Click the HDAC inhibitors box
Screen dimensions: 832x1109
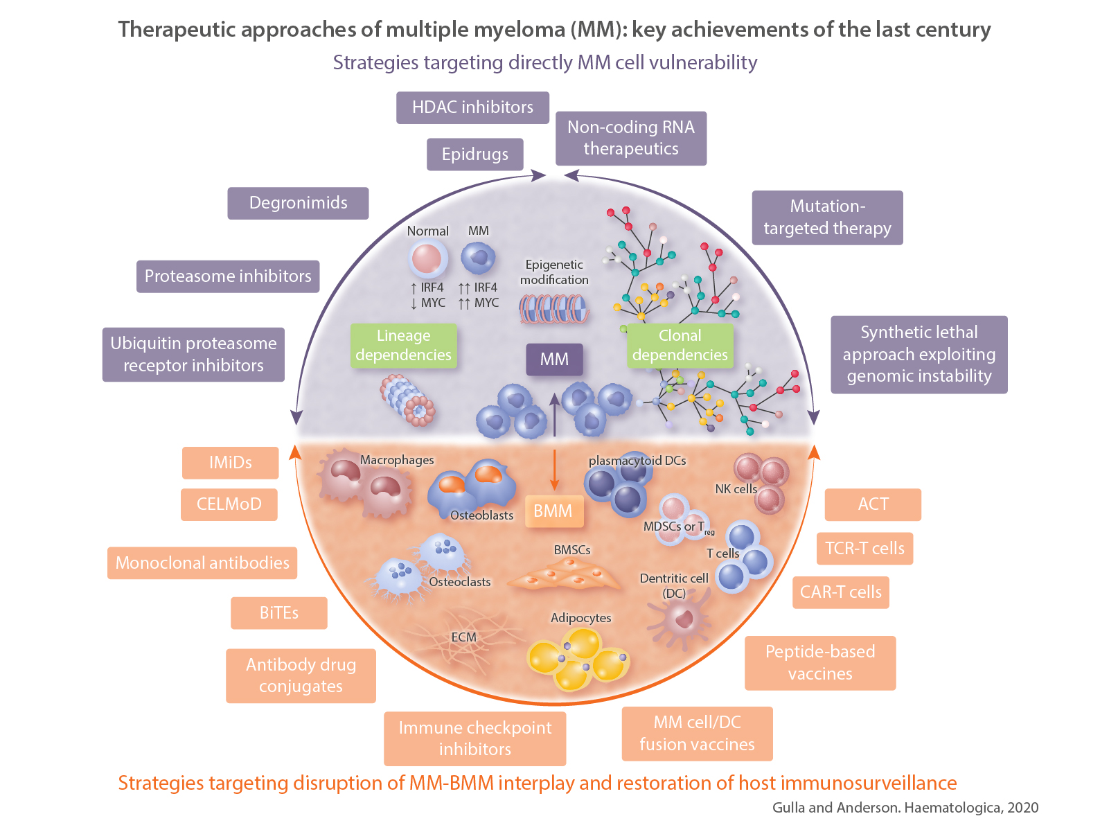[x=472, y=107]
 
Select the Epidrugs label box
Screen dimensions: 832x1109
[x=474, y=154]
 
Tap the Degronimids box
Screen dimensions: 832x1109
[x=298, y=203]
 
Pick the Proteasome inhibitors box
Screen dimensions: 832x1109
[x=228, y=276]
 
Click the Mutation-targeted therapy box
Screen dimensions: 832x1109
[x=827, y=218]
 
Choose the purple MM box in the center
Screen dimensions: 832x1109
[x=554, y=360]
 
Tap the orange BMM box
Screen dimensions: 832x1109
[x=553, y=511]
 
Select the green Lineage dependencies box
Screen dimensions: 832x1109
[x=403, y=345]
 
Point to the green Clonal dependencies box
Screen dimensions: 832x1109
[x=680, y=345]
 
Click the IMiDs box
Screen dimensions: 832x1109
[x=230, y=463]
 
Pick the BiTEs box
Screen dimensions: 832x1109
[x=278, y=613]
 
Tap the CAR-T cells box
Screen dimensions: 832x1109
[x=840, y=592]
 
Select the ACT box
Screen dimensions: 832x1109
[x=873, y=504]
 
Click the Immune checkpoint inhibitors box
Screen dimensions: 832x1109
[x=474, y=738]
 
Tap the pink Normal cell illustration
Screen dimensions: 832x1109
[x=426, y=259]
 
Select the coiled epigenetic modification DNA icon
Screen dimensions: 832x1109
[x=554, y=309]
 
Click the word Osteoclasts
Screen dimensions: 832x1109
[x=459, y=582]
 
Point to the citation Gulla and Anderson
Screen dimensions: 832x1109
[x=905, y=807]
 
